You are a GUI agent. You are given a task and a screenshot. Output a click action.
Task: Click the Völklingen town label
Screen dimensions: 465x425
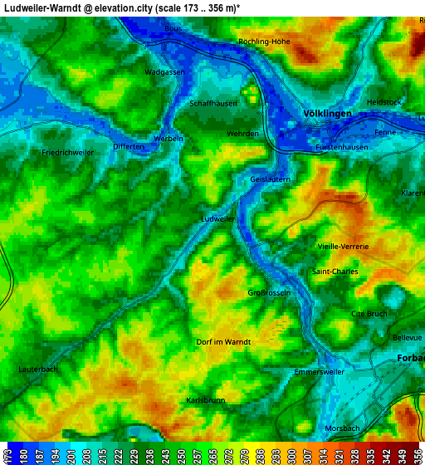point(328,113)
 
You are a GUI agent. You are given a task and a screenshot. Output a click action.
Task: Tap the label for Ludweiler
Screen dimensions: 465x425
point(219,218)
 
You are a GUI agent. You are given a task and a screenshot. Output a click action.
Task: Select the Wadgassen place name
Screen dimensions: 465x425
point(164,72)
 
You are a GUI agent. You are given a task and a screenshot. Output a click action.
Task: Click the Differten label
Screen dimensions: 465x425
point(129,146)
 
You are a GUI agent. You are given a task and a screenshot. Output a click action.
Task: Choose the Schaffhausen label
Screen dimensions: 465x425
point(213,103)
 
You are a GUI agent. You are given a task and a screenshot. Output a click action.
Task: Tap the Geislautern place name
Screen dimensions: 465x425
point(270,179)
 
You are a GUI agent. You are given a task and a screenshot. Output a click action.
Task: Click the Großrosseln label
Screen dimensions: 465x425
point(269,293)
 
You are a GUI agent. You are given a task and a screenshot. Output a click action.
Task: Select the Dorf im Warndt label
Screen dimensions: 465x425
point(222,341)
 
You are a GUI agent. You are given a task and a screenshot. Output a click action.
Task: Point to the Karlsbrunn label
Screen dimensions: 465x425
point(205,400)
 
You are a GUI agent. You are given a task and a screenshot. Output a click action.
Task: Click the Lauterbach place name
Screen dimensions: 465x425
point(38,369)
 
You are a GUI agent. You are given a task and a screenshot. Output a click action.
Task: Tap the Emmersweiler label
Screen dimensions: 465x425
point(320,372)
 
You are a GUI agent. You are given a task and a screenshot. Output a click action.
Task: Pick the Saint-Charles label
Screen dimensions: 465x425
point(335,272)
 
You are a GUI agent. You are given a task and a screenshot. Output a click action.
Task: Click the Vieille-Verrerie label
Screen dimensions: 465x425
point(343,247)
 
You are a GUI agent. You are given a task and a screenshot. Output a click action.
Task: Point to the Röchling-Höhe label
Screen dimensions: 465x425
point(264,42)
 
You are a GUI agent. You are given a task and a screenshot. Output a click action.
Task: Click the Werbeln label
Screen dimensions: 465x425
point(169,138)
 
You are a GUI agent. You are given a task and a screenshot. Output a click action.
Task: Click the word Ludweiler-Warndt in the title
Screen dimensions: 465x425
point(46,7)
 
